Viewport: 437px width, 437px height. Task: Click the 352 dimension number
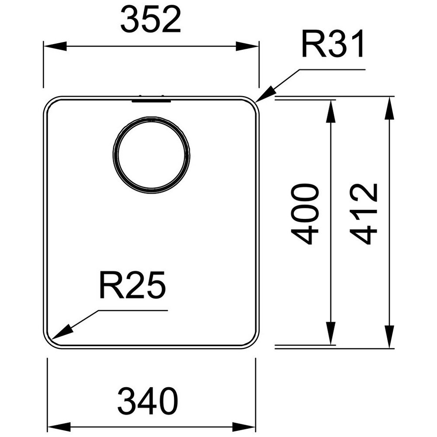[x=151, y=19]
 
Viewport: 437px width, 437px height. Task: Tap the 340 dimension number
[x=148, y=401]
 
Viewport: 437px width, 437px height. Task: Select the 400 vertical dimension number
[x=305, y=214]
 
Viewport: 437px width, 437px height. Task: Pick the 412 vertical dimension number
[x=364, y=214]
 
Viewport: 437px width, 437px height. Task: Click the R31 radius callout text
[x=333, y=44]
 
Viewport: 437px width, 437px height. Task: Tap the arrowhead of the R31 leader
[x=265, y=94]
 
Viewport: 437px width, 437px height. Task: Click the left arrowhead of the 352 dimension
[x=55, y=46]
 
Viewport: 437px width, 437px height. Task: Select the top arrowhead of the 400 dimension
[x=331, y=111]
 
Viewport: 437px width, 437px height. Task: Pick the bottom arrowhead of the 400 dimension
[x=331, y=333]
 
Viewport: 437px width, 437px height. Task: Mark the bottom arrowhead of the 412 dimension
[x=389, y=337]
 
